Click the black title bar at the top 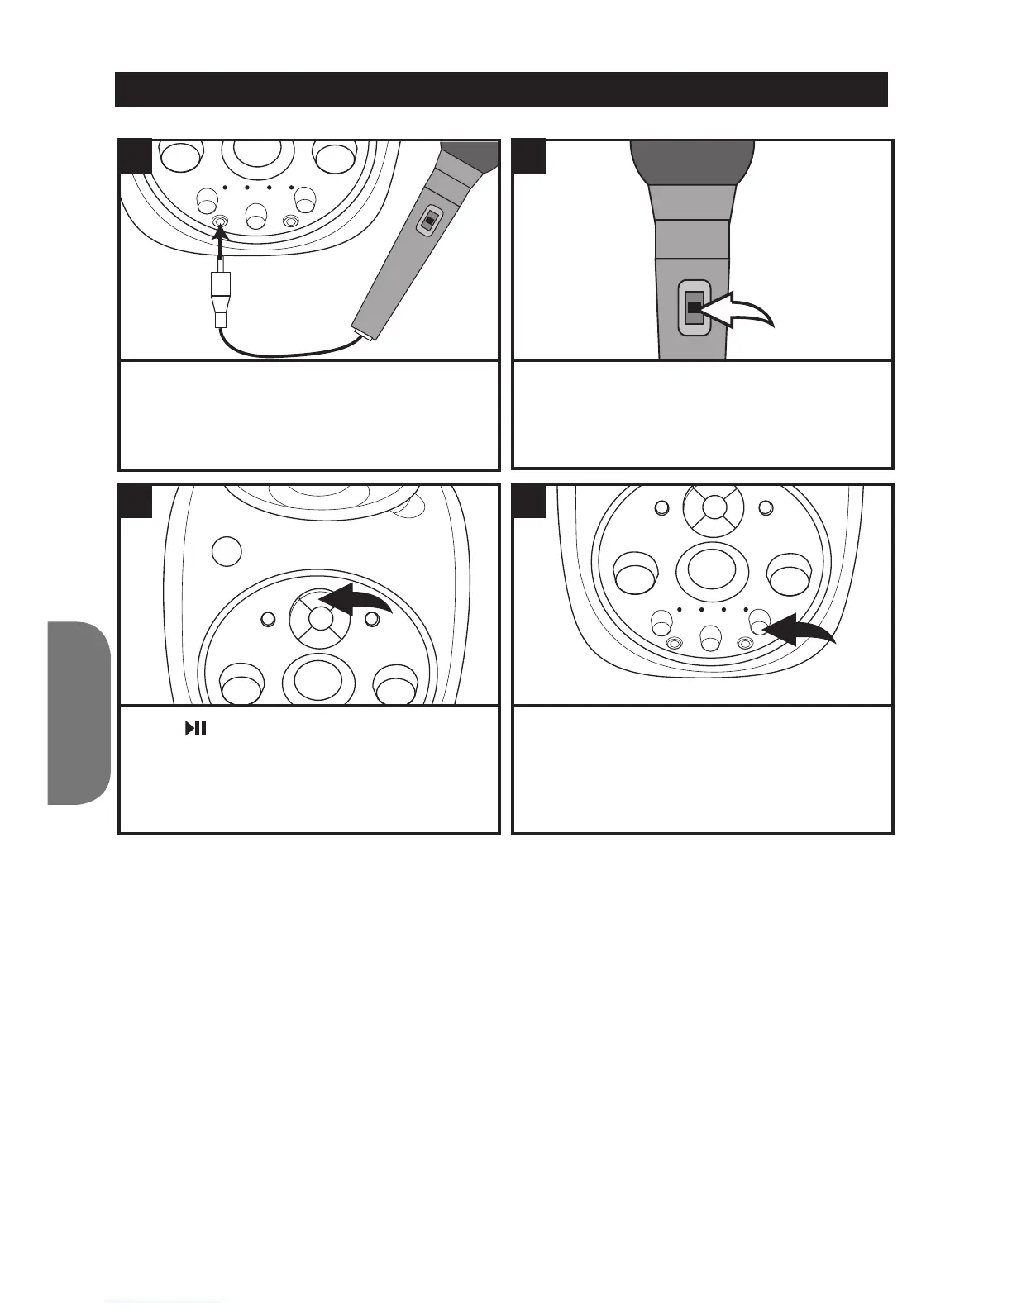[x=501, y=89]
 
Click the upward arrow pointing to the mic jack [x=221, y=248]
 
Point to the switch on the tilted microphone [x=428, y=221]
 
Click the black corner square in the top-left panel [x=136, y=156]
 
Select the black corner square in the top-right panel [x=529, y=156]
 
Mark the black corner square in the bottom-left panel [x=136, y=502]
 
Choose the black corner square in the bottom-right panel [x=529, y=502]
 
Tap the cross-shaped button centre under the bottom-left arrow [x=320, y=618]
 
